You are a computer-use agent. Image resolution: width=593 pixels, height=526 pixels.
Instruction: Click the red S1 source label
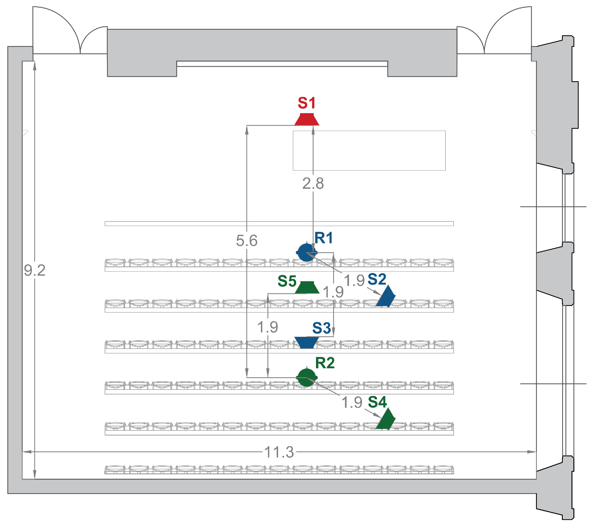click(x=306, y=103)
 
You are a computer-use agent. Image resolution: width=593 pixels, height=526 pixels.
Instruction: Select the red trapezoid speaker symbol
click(x=307, y=119)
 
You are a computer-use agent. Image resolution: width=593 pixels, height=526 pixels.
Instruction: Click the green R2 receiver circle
click(x=306, y=378)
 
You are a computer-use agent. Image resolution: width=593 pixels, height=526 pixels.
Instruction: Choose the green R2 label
click(x=325, y=363)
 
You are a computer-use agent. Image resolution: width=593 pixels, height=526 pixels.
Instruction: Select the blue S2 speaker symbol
click(x=386, y=296)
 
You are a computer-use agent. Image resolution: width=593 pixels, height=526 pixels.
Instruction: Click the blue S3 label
click(x=321, y=328)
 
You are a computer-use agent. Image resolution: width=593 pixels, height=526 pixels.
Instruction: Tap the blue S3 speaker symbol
click(x=306, y=342)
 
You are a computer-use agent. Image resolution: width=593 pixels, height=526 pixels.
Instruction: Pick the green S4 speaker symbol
click(x=386, y=419)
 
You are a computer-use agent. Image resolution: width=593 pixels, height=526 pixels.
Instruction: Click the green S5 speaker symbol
click(x=307, y=287)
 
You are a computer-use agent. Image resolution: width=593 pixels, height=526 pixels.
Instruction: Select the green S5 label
click(x=287, y=281)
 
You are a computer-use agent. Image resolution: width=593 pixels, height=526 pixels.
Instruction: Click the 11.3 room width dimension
click(x=279, y=452)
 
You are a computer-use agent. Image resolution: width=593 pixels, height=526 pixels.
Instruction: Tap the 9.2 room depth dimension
click(x=35, y=270)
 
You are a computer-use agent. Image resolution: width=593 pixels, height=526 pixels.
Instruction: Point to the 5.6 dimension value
click(x=246, y=240)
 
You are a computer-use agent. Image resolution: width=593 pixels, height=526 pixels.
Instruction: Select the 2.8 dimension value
click(x=313, y=183)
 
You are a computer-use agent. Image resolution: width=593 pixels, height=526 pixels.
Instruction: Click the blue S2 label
click(x=377, y=279)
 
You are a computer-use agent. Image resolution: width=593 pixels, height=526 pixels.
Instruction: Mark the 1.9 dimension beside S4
click(x=352, y=402)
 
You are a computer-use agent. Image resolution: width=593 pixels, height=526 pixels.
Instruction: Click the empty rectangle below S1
click(x=369, y=150)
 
